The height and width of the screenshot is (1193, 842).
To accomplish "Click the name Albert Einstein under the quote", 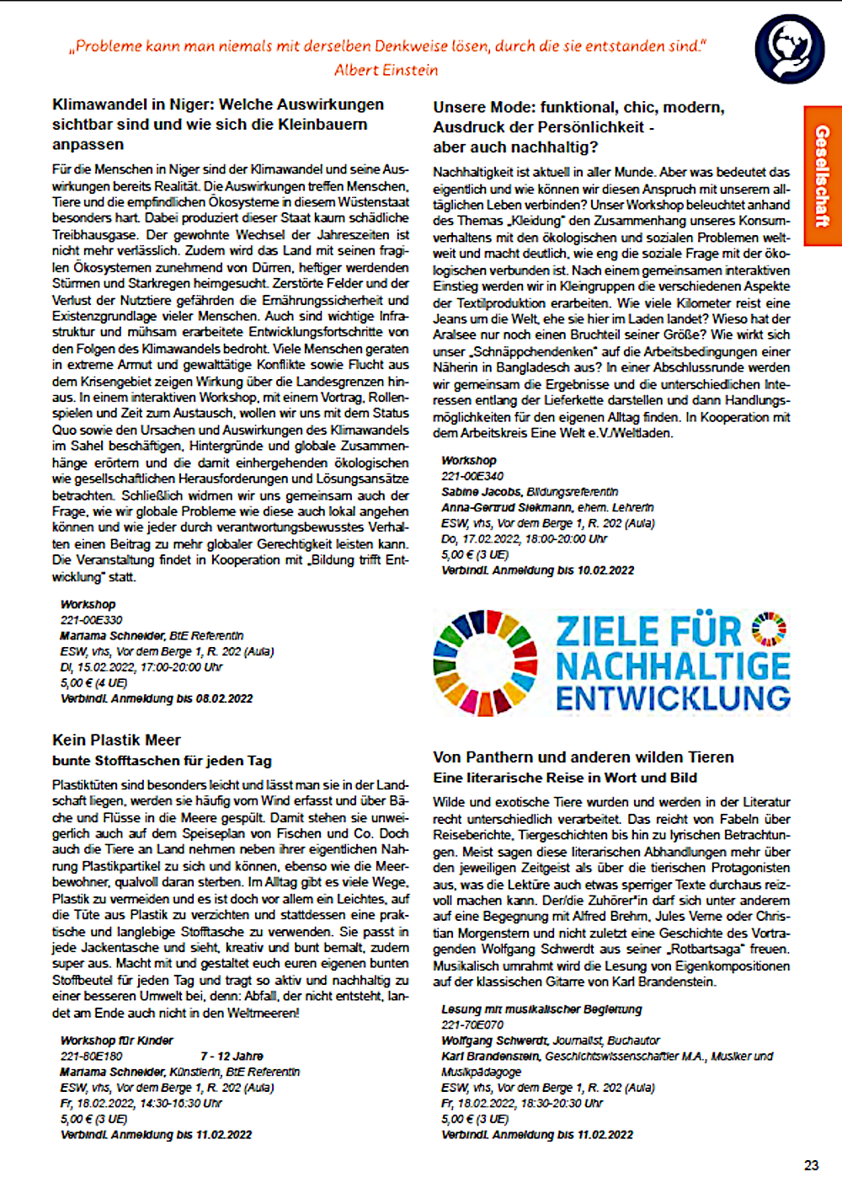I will tap(386, 70).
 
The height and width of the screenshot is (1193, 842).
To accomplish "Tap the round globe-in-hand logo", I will tap(789, 50).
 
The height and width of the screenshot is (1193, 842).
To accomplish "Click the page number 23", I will tap(811, 1165).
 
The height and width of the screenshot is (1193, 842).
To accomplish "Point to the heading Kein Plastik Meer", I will tap(116, 740).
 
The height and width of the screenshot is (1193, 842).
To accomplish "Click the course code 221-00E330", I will tap(91, 620).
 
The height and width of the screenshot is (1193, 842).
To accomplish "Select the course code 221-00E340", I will tap(472, 476).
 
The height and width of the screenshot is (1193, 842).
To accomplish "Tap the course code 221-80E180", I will tap(91, 1056).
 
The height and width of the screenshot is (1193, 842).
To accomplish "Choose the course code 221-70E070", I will tap(472, 1024).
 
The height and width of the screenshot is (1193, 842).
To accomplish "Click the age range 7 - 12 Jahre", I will tap(232, 1056).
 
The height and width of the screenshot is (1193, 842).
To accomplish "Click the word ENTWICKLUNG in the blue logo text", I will tap(673, 698).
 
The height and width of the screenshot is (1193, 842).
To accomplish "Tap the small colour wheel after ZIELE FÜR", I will tap(769, 629).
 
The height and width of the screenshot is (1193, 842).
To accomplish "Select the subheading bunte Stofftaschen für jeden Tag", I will tap(162, 761).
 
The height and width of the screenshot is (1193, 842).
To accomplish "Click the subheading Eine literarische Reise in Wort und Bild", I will tap(565, 778).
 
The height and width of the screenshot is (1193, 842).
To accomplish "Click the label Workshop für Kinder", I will tap(116, 1041).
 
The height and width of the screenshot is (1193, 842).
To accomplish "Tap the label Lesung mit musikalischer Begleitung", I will tap(541, 1008).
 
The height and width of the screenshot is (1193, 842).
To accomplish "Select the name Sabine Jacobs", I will tap(481, 491).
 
